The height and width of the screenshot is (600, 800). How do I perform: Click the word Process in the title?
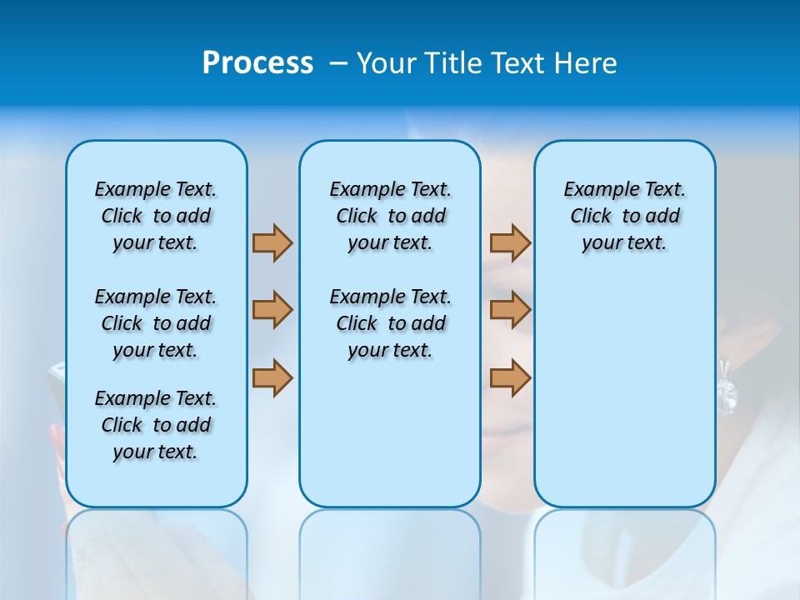coord(257,63)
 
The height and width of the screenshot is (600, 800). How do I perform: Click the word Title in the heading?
coord(454,63)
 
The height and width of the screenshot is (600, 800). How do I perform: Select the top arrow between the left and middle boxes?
coord(272,242)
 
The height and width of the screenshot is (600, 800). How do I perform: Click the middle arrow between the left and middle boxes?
coord(272,310)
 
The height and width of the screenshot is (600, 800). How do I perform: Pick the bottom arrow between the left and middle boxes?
coord(272,377)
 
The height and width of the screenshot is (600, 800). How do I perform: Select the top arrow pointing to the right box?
coord(510,242)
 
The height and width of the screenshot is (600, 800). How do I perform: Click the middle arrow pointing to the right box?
coord(510,310)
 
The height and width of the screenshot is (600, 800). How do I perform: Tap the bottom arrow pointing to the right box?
coord(510,377)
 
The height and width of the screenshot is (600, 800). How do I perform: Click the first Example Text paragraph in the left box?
coord(156,216)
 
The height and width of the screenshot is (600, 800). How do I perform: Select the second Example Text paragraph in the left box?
coord(156,323)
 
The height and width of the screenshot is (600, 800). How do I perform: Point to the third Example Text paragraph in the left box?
coord(156,425)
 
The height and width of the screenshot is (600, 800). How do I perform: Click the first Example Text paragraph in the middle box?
coord(390,216)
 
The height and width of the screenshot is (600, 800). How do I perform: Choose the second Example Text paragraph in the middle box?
coord(390,323)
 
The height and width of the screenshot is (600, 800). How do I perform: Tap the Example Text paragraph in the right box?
coord(625,216)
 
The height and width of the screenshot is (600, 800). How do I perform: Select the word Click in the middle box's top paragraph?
coord(357,217)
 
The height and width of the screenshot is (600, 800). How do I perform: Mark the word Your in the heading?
coord(387,63)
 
